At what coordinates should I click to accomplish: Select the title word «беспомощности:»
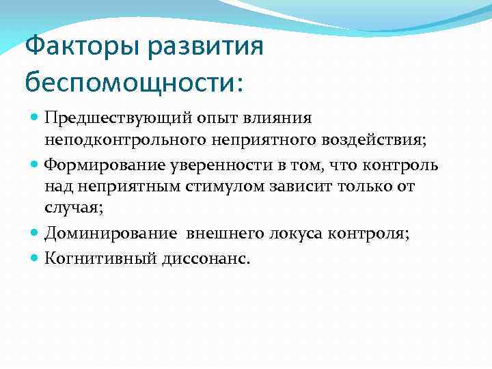[x=134, y=82]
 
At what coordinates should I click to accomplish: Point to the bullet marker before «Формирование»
[x=35, y=165]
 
